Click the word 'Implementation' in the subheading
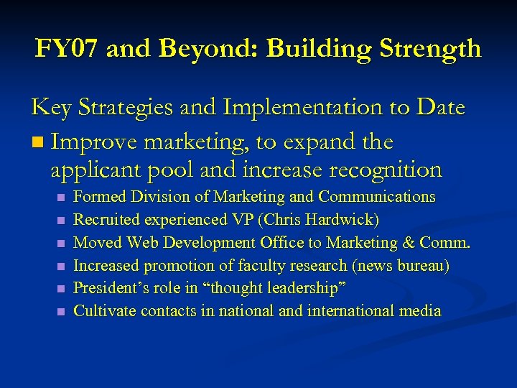coord(312,108)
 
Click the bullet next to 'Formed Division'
coord(60,198)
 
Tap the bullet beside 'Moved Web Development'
coord(60,244)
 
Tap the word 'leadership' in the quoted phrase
coord(301,289)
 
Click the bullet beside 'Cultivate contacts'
coord(60,313)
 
